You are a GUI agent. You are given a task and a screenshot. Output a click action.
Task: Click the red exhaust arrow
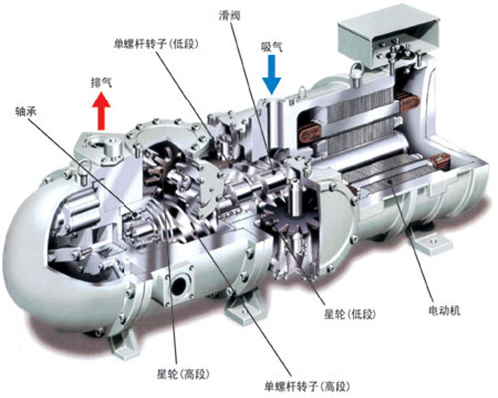pyautogui.click(x=101, y=111)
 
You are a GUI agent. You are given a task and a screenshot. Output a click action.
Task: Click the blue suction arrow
pyautogui.click(x=272, y=75)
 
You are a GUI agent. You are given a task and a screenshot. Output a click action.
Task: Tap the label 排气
pyautogui.click(x=101, y=82)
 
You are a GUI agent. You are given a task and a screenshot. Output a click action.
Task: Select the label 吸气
pyautogui.click(x=272, y=47)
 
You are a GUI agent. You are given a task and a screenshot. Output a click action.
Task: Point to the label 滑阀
pyautogui.click(x=229, y=15)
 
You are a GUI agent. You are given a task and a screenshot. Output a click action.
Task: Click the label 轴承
pyautogui.click(x=26, y=111)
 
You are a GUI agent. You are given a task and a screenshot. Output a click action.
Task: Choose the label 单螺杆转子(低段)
pyautogui.click(x=156, y=44)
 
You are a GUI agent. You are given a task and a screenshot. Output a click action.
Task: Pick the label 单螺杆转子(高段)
pyautogui.click(x=308, y=386)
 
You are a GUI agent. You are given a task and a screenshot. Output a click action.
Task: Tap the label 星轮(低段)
pyautogui.click(x=350, y=314)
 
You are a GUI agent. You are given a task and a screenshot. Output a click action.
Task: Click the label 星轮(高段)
pyautogui.click(x=183, y=374)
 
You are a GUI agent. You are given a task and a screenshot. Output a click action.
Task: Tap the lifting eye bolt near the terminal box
pyautogui.click(x=356, y=74)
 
